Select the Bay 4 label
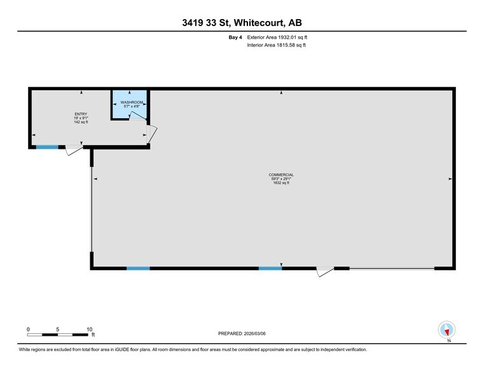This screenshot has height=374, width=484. tap(235, 38)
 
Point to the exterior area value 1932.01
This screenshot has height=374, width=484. tap(285, 38)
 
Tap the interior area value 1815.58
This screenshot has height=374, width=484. tap(284, 46)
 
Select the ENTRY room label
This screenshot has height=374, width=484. tap(81, 114)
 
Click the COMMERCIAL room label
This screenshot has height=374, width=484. tap(280, 174)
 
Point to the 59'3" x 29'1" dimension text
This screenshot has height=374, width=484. tap(280, 179)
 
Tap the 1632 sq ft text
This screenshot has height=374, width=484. tap(280, 183)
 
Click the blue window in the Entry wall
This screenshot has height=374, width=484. tap(46, 148)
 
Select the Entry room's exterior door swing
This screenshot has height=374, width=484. tap(74, 150)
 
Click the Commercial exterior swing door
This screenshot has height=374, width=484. tap(325, 272)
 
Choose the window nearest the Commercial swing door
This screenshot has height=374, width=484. tap(270, 268)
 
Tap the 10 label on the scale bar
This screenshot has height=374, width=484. tap(90, 329)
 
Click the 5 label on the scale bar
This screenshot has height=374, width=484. tap(58, 329)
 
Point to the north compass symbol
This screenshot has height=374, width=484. tap(447, 330)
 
